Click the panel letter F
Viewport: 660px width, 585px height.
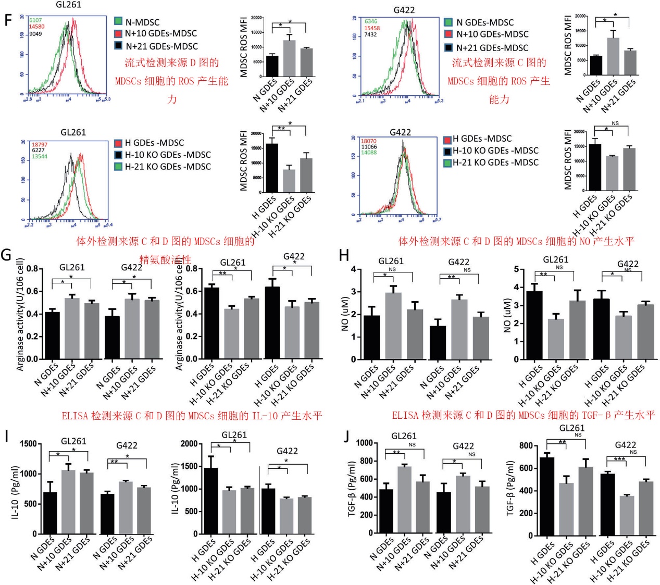pos(7,21)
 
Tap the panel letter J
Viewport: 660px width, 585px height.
pos(346,436)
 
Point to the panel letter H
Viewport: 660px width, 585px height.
pos(344,255)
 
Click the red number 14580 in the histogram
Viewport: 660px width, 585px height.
pos(36,27)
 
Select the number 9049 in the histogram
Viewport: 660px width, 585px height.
pos(35,34)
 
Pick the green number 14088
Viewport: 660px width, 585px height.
pos(369,153)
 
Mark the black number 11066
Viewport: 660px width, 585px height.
pos(369,147)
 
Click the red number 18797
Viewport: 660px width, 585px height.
pos(40,144)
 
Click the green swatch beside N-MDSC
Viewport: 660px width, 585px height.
pos(118,21)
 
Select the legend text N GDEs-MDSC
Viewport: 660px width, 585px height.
pos(484,22)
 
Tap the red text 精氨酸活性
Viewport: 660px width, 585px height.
pos(165,259)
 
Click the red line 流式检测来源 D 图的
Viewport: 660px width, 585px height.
pos(171,63)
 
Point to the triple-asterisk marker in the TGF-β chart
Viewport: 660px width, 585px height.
pos(619,459)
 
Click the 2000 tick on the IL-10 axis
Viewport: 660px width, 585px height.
pos(189,444)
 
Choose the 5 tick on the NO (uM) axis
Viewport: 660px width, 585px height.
pos(516,269)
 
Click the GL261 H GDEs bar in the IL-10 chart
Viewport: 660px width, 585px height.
pos(210,500)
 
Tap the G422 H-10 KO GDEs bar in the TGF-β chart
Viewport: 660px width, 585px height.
pos(626,515)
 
